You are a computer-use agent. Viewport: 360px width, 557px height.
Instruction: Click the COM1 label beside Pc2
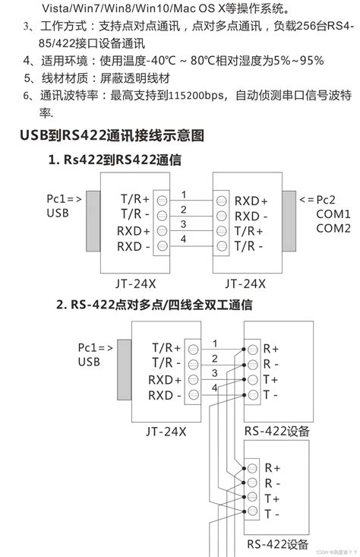tap(333, 214)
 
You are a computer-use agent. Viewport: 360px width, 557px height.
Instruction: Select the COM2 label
tap(333, 228)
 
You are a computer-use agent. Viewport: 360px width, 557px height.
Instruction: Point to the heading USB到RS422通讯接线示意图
tap(112, 136)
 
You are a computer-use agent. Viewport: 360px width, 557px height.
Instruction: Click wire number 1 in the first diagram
tap(183, 195)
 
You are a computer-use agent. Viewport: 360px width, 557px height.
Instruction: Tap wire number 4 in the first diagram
tap(183, 239)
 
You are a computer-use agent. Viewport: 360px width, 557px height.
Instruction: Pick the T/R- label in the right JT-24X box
tap(249, 246)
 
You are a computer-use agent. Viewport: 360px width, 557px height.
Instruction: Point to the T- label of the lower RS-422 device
tap(271, 514)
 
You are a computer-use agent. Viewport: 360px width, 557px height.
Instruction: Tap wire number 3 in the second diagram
tap(215, 372)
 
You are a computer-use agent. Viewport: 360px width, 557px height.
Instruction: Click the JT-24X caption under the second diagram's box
tap(166, 431)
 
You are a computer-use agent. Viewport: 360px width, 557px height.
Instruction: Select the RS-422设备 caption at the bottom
tap(278, 544)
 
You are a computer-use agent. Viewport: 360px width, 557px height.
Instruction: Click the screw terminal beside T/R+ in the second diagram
tap(194, 348)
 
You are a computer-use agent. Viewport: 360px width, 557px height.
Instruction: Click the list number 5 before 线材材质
tap(27, 78)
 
